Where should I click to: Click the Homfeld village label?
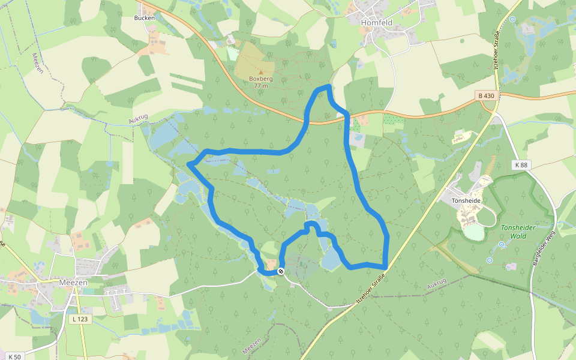click(376, 22)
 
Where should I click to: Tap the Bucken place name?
click(144, 18)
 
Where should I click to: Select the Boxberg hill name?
click(260, 79)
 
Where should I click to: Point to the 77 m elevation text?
click(260, 86)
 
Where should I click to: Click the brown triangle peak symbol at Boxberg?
click(260, 72)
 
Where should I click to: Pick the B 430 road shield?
click(487, 96)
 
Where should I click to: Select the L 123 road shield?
click(79, 319)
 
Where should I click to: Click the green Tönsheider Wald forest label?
click(518, 232)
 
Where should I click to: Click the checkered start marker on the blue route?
click(280, 271)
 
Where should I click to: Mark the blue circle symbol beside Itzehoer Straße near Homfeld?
click(512, 19)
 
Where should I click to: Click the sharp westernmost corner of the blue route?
click(189, 163)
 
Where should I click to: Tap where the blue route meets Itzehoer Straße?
click(385, 266)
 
